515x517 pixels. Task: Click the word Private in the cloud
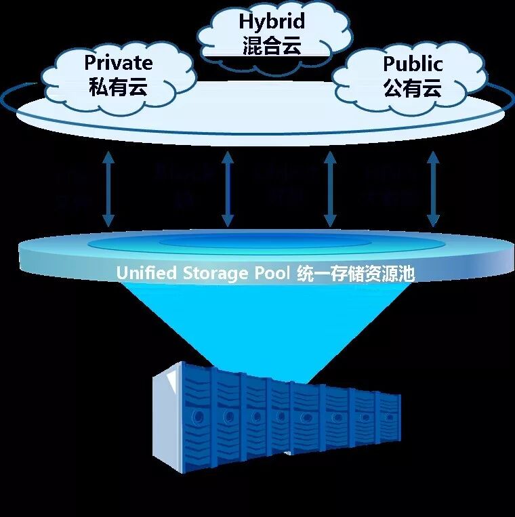(118, 64)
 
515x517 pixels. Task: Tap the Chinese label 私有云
(118, 87)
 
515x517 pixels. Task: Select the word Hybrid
(271, 22)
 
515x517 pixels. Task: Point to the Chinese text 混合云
(271, 46)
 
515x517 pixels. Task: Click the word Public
(413, 64)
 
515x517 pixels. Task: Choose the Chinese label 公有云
(413, 88)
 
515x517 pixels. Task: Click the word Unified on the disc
(145, 273)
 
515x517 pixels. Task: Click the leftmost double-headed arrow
(108, 190)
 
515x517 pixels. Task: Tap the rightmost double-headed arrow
(433, 190)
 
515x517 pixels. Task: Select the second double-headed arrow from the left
(228, 190)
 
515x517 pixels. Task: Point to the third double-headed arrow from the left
(330, 190)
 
